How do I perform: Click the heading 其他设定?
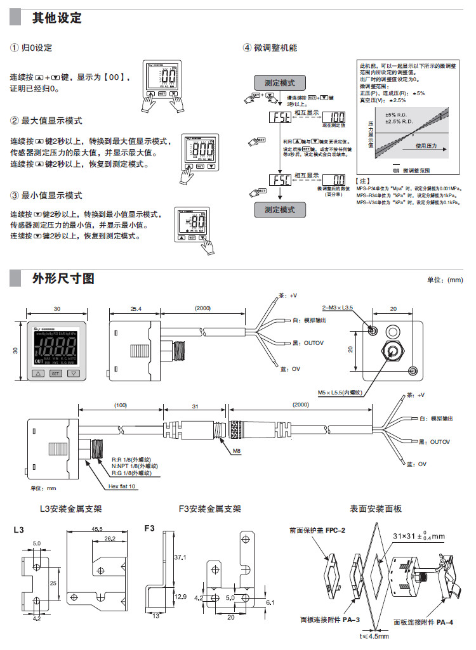(57, 18)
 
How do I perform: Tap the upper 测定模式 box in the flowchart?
(280, 82)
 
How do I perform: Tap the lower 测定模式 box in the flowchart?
(280, 209)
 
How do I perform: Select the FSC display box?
(280, 180)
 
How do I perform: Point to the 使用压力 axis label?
(426, 145)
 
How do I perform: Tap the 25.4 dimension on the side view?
(135, 309)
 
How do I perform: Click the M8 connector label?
(220, 451)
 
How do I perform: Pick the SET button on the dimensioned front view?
(56, 374)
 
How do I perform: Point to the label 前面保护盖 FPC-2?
(317, 530)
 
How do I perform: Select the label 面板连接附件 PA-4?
(423, 622)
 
